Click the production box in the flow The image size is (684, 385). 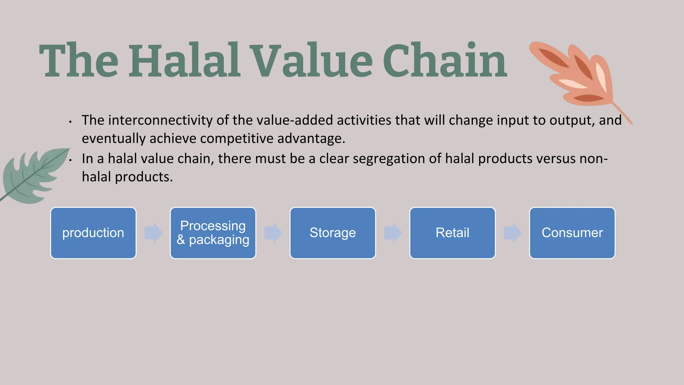click(x=93, y=233)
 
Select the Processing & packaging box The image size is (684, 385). click(x=213, y=233)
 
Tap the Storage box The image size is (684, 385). click(x=333, y=233)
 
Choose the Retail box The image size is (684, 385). click(x=452, y=233)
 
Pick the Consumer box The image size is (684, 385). click(x=572, y=233)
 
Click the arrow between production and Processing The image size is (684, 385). click(x=153, y=233)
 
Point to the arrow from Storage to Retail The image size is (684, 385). click(x=393, y=233)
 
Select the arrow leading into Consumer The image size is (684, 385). click(x=512, y=233)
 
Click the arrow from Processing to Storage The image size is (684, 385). click(x=273, y=233)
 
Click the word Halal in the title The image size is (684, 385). click(x=185, y=61)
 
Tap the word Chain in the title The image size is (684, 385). click(x=445, y=61)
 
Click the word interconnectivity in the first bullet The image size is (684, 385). click(x=160, y=120)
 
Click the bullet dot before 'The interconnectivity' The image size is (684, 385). click(x=70, y=122)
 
